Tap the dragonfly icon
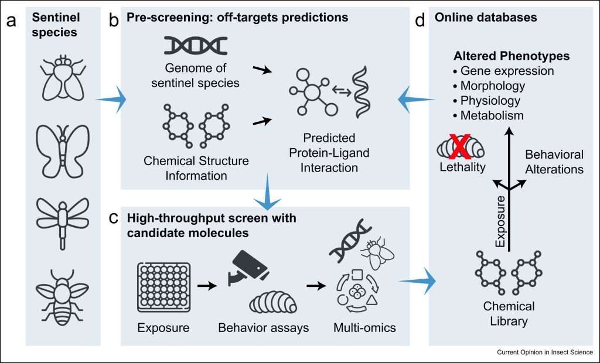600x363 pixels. click(63, 221)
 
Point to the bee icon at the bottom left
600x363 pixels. click(62, 293)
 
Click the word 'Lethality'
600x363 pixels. click(463, 168)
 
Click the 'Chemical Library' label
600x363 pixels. click(509, 314)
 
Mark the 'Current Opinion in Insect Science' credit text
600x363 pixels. click(544, 352)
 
